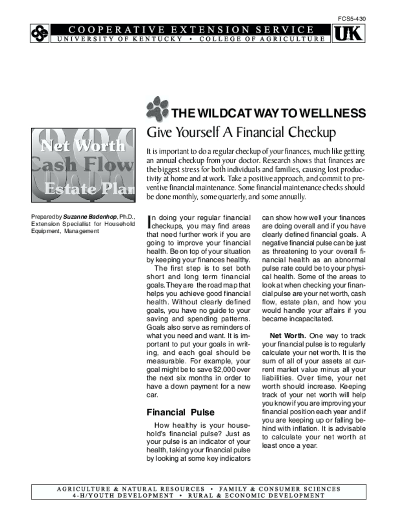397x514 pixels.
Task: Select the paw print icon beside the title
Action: point(157,109)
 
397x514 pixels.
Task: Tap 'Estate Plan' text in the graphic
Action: point(89,189)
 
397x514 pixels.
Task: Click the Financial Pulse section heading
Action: point(180,413)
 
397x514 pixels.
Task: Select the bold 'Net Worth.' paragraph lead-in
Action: point(288,335)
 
